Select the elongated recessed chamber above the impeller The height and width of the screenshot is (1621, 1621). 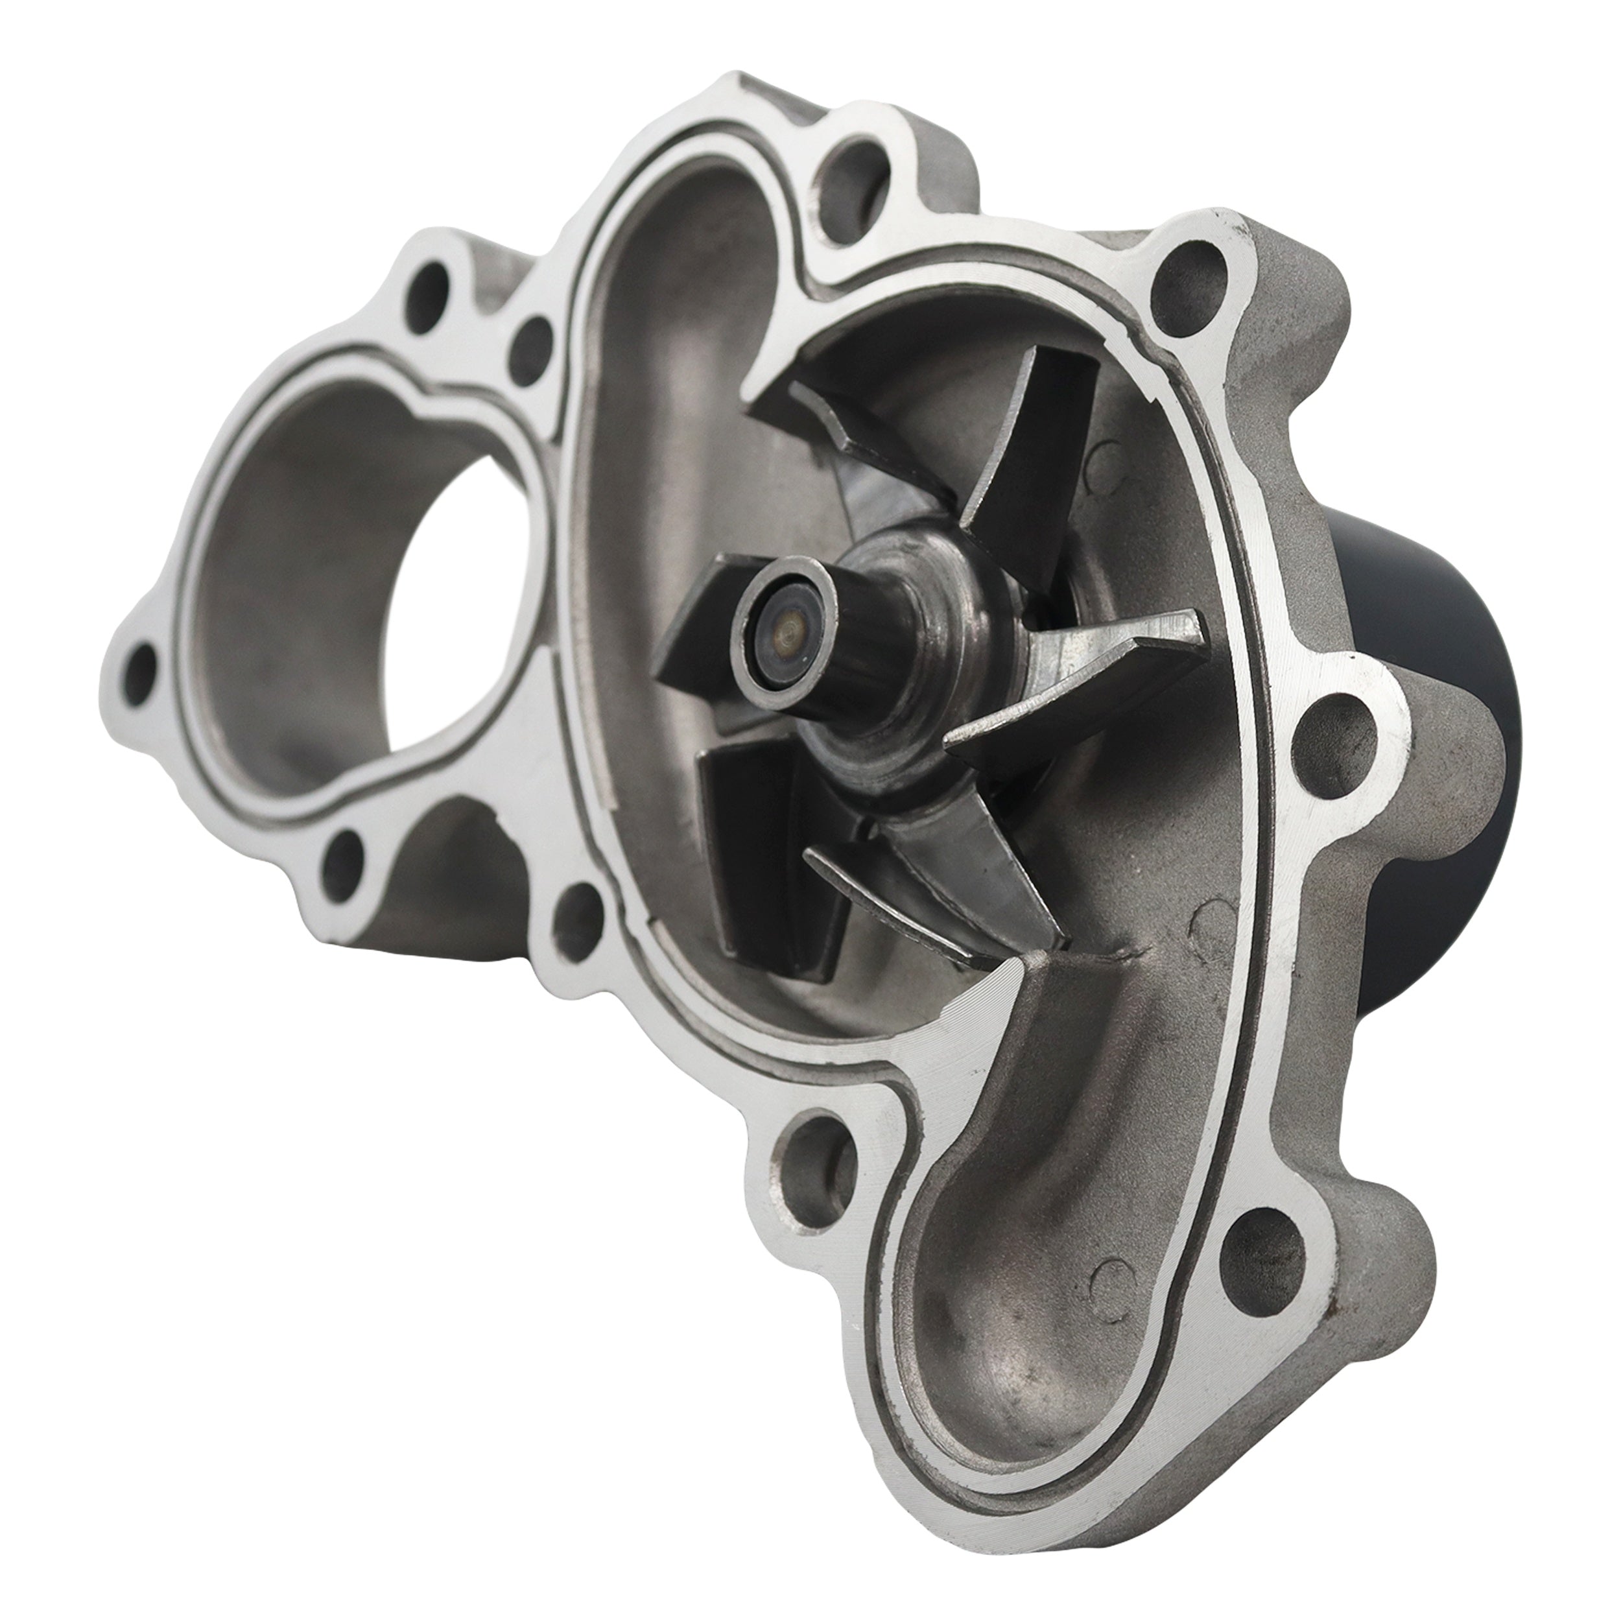(671, 352)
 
